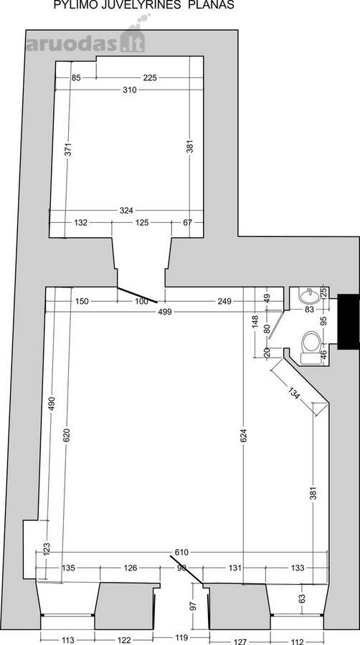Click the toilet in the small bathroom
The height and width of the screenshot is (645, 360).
311,347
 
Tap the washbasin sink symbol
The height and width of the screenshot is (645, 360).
308,295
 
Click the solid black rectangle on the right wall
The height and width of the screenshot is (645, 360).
349,322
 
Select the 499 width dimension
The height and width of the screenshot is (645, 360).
165,312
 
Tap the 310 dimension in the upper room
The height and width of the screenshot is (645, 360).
129,90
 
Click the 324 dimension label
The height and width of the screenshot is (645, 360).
126,211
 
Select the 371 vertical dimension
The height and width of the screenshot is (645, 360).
68,149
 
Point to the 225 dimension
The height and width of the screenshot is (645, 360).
150,77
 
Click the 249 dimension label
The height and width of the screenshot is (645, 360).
224,301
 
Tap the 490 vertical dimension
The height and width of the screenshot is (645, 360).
52,404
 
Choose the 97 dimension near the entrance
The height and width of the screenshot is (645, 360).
194,606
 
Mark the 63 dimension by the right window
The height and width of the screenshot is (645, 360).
303,599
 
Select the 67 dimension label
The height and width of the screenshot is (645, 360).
188,223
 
